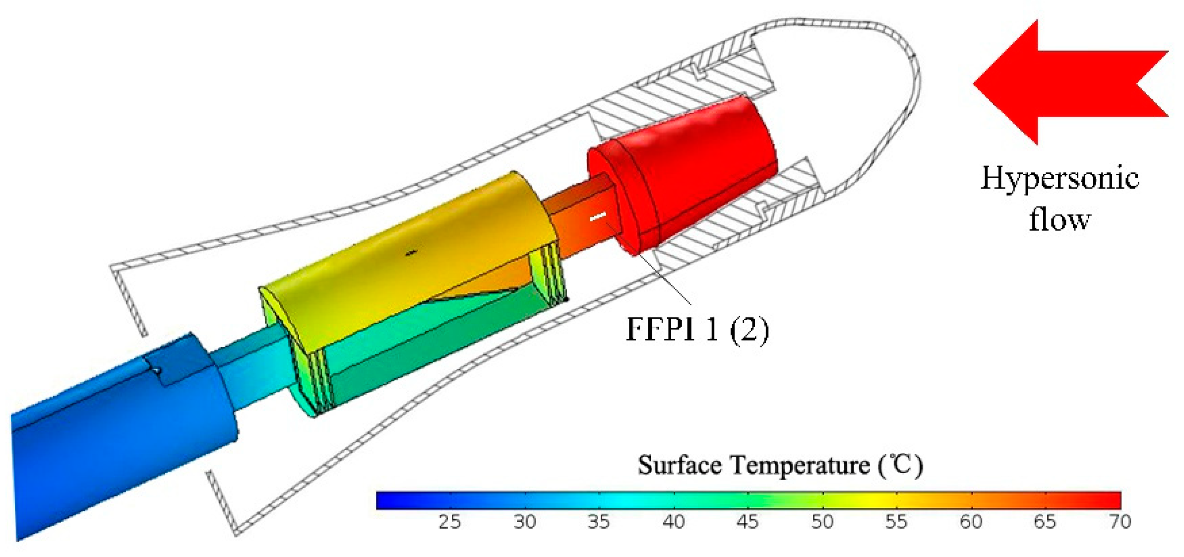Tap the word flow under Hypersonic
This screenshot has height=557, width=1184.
tap(1059, 219)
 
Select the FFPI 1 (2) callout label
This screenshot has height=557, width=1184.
tap(697, 329)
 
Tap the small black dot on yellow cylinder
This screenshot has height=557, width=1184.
tap(410, 253)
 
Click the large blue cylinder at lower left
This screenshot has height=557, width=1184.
tap(119, 437)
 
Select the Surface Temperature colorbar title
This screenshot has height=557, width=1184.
tap(780, 465)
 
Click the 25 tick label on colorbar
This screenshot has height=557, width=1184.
tap(449, 522)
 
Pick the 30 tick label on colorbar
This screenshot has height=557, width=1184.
tap(524, 522)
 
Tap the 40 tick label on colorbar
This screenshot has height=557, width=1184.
tap(673, 522)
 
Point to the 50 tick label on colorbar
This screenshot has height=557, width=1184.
tap(822, 522)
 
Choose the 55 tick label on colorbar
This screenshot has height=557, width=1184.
tap(896, 522)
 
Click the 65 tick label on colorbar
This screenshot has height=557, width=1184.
tap(1045, 522)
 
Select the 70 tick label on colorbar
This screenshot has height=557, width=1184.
tap(1120, 522)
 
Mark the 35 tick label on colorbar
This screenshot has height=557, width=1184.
tap(599, 522)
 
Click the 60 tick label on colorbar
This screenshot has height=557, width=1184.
tap(971, 522)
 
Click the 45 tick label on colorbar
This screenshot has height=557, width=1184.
tap(748, 522)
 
